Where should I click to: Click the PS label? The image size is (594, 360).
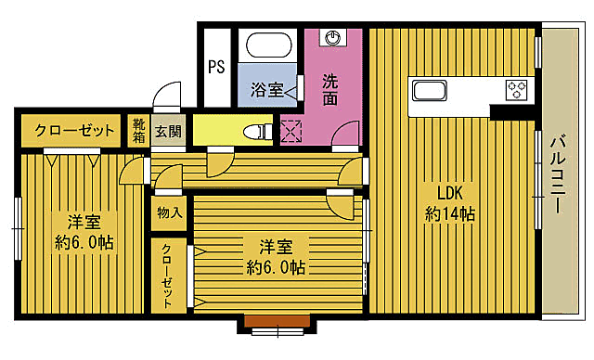click(x=216, y=67)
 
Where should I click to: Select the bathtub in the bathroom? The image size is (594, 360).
click(x=267, y=45)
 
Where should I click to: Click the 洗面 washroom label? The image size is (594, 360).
click(x=329, y=89)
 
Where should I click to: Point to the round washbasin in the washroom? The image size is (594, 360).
click(x=331, y=37)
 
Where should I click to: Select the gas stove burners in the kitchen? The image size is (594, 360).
click(x=516, y=90)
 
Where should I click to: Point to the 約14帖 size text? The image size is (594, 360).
click(x=451, y=214)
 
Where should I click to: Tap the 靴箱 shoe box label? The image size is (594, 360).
click(x=138, y=130)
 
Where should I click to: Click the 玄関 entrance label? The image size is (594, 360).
click(x=168, y=131)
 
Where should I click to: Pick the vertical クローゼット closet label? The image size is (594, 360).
click(x=168, y=276)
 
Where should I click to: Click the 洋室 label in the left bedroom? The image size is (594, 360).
click(x=84, y=223)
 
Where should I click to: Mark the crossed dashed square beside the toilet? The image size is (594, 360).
click(x=291, y=132)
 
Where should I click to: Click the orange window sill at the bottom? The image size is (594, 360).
click(x=278, y=321)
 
